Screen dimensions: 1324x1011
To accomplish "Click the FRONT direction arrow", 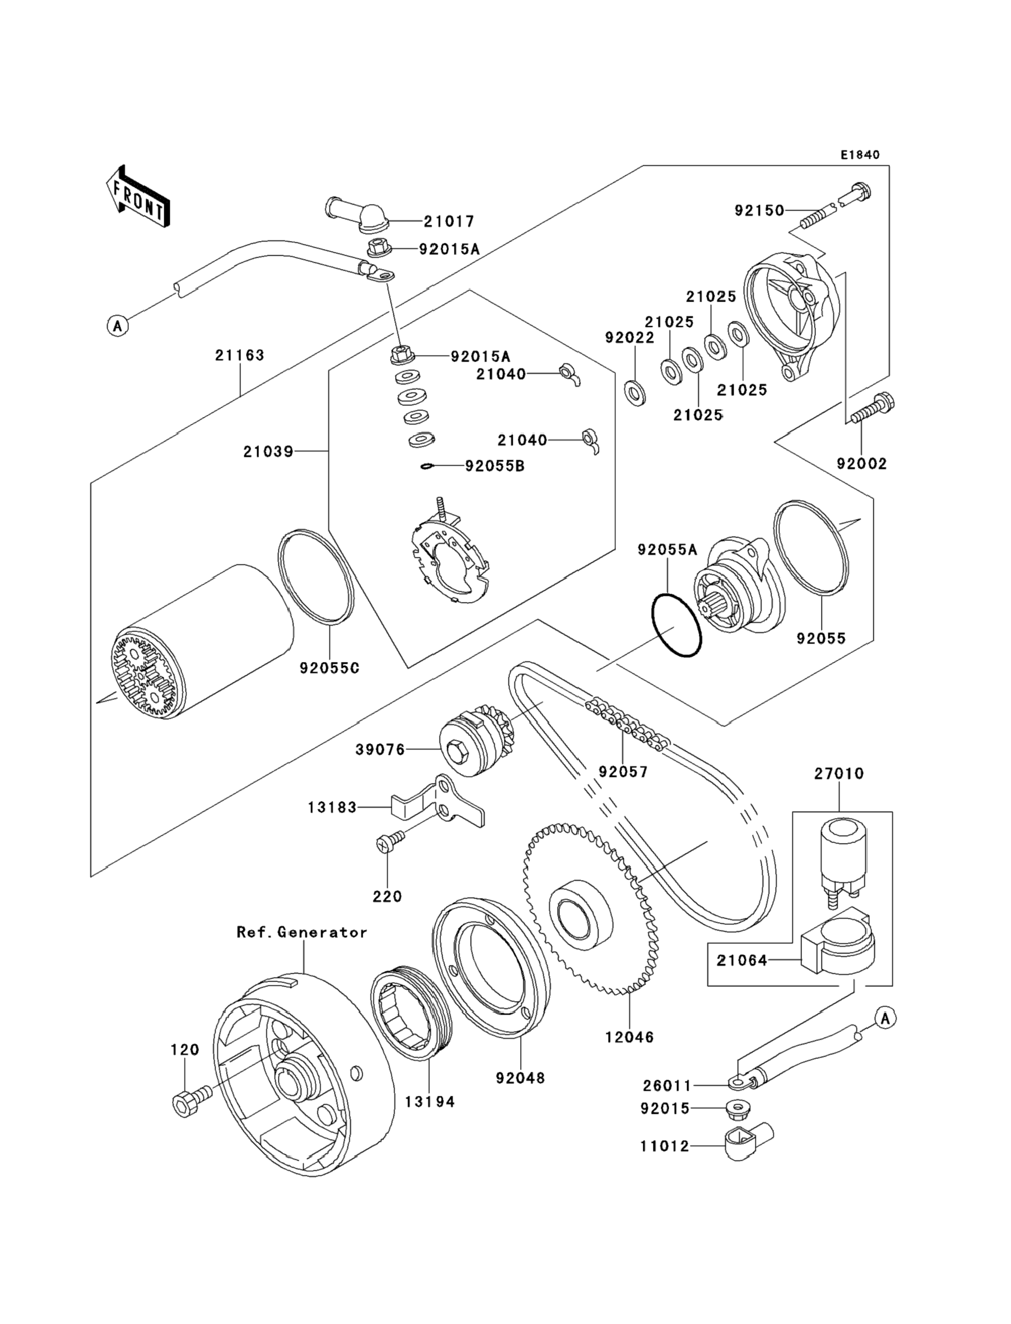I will pyautogui.click(x=137, y=197).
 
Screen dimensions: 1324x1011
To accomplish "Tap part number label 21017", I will pyautogui.click(x=449, y=221).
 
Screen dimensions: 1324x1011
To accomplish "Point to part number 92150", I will pyautogui.click(x=759, y=211).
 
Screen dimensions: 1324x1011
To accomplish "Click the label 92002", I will pyautogui.click(x=861, y=464).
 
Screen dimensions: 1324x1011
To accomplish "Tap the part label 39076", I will pyautogui.click(x=380, y=750).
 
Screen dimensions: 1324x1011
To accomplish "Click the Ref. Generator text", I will pyautogui.click(x=302, y=932).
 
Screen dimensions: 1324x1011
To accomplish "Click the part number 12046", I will pyautogui.click(x=629, y=1037).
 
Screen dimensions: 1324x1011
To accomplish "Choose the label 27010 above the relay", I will pyautogui.click(x=839, y=774).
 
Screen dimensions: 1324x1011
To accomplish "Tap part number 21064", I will pyautogui.click(x=741, y=961).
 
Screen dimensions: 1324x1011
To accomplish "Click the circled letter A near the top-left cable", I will pyautogui.click(x=118, y=326).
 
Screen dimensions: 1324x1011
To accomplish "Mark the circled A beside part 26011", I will pyautogui.click(x=884, y=1019).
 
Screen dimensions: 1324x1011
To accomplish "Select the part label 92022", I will pyautogui.click(x=629, y=337).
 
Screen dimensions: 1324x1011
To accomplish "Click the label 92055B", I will pyautogui.click(x=495, y=466).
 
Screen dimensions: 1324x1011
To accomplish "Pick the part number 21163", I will pyautogui.click(x=239, y=356).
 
